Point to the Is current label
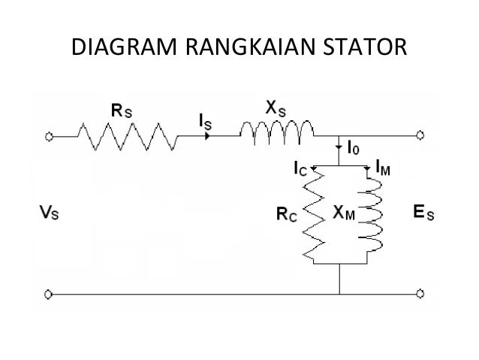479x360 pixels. click(x=203, y=119)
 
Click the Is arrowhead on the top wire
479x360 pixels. click(x=206, y=137)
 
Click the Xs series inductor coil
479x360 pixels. click(x=277, y=135)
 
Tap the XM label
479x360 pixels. click(x=345, y=213)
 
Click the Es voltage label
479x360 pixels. click(x=425, y=213)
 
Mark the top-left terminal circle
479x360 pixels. click(x=50, y=137)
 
